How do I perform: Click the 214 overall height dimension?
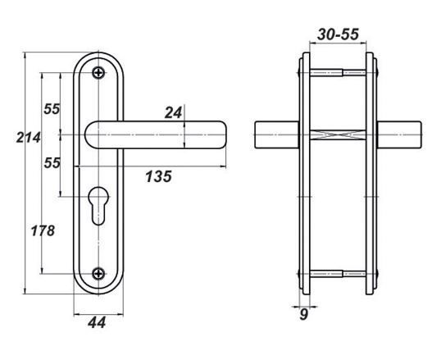coord(28,138)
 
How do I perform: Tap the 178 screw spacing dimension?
coord(43,230)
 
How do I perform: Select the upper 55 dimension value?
coord(52,109)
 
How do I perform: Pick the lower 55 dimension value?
coord(52,163)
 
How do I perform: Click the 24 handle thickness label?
coord(173,113)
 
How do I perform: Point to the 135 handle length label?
coord(158,177)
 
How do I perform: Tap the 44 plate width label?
coord(97,322)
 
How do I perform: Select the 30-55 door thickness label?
coord(338,34)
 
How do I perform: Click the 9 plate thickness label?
coord(303,315)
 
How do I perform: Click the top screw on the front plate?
coord(98,73)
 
